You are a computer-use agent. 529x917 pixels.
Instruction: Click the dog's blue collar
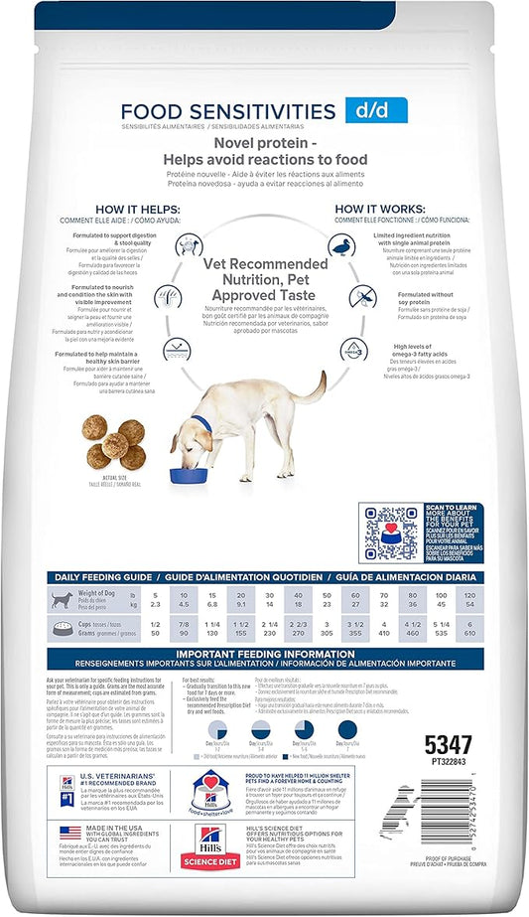click(x=204, y=425)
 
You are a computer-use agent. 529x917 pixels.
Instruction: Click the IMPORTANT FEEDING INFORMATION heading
click(x=264, y=654)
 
